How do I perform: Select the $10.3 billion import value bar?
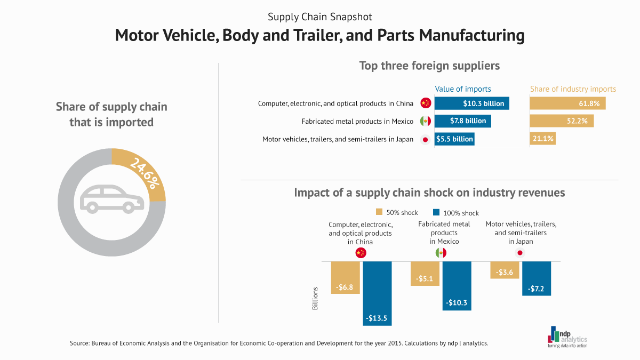471,103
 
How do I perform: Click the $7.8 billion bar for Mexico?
462,121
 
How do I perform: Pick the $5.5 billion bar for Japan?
454,139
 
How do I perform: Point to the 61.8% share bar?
567,103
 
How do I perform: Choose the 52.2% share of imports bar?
561,121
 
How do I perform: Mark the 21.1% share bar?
543,139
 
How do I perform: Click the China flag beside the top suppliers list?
425,103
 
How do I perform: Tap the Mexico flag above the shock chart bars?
441,253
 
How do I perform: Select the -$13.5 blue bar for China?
380,293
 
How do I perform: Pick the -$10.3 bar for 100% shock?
457,286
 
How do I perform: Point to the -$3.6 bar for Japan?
505,270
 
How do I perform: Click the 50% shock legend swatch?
380,212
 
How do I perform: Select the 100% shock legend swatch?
436,212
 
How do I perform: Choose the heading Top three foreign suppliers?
429,66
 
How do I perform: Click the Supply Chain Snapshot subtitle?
319,17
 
